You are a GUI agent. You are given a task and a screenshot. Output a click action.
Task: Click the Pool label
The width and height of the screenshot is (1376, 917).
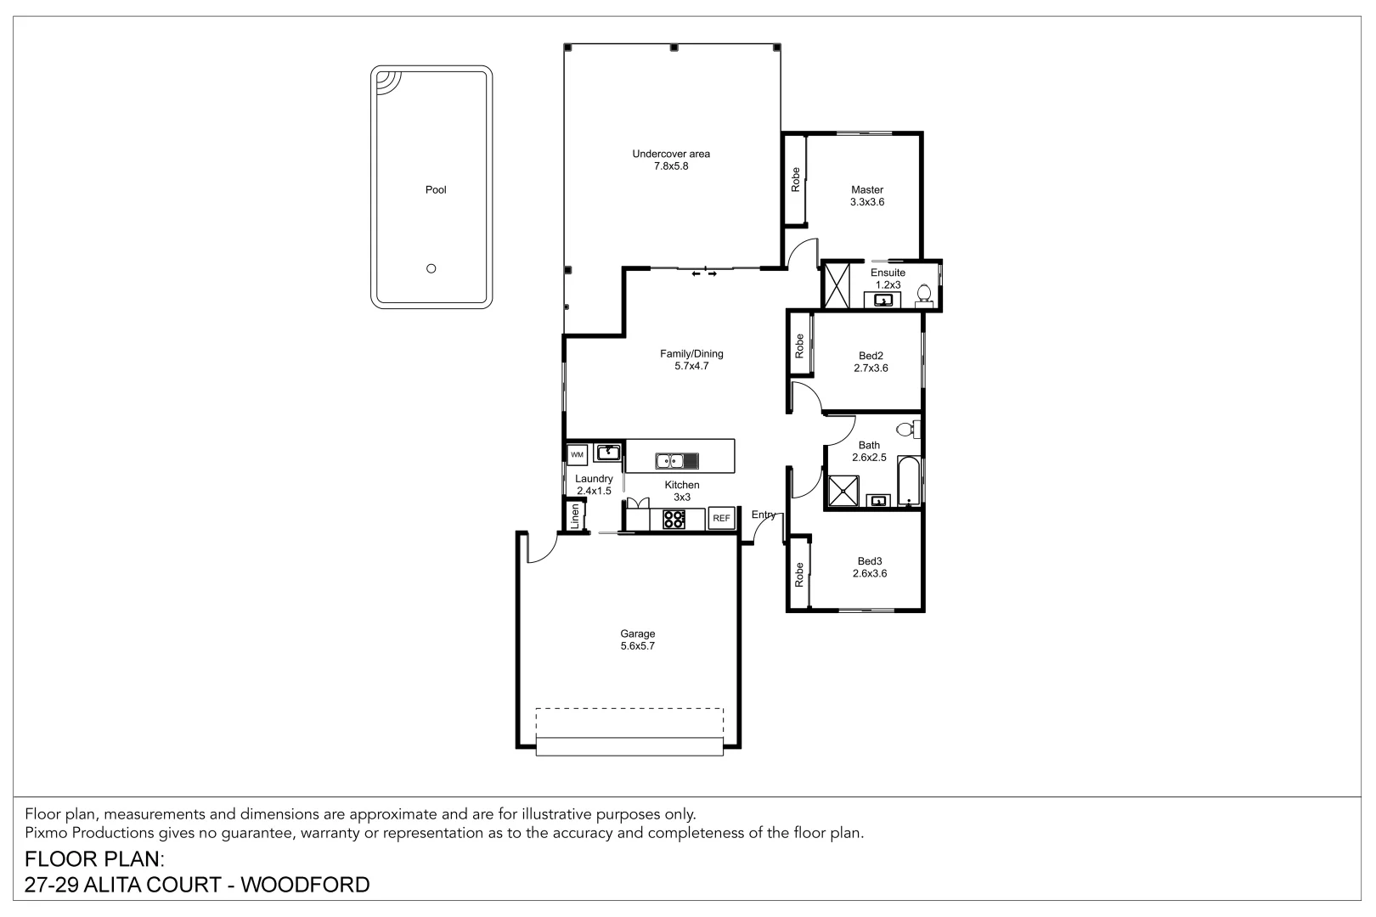pyautogui.click(x=436, y=190)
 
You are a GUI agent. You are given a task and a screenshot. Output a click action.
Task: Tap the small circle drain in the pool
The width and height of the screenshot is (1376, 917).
pyautogui.click(x=431, y=268)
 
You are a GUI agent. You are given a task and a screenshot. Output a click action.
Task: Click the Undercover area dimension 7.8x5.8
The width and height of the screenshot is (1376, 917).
pyautogui.click(x=670, y=166)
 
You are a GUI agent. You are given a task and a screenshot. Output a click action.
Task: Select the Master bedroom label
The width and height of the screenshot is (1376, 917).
pyautogui.click(x=867, y=190)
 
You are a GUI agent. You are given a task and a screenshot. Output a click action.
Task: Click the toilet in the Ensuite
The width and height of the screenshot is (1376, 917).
pyautogui.click(x=925, y=294)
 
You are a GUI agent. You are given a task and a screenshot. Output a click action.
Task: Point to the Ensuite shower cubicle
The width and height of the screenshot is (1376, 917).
pyautogui.click(x=837, y=287)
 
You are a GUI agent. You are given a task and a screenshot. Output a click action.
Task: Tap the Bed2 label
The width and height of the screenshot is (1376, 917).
pyautogui.click(x=871, y=356)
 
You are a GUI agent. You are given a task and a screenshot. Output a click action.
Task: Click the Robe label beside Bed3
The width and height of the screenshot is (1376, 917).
pyautogui.click(x=799, y=575)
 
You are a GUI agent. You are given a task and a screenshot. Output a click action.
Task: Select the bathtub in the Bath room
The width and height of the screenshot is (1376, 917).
pyautogui.click(x=910, y=481)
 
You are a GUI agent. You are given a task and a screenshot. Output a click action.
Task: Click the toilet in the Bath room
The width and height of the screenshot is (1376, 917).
pyautogui.click(x=909, y=429)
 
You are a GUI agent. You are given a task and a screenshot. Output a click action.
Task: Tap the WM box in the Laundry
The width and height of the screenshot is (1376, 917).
pyautogui.click(x=578, y=455)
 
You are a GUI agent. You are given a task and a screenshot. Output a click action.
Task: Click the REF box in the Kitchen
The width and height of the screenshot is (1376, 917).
pyautogui.click(x=721, y=518)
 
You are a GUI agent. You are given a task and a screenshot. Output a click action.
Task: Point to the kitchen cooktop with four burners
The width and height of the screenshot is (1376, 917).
pyautogui.click(x=674, y=519)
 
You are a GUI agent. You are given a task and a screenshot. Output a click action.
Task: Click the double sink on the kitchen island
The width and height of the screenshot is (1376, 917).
pyautogui.click(x=677, y=461)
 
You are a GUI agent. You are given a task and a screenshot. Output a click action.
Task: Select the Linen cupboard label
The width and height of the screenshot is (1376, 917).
pyautogui.click(x=576, y=515)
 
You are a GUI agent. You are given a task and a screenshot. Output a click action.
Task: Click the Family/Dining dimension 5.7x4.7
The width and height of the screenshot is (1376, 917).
pyautogui.click(x=691, y=367)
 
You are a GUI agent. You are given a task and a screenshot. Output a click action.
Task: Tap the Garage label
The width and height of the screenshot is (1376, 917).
pyautogui.click(x=637, y=633)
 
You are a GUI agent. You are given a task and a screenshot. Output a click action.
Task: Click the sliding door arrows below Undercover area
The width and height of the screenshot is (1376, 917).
pyautogui.click(x=703, y=273)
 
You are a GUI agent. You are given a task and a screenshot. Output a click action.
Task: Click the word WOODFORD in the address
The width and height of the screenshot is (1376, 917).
pyautogui.click(x=306, y=885)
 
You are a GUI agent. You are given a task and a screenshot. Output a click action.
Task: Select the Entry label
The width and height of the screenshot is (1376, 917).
pyautogui.click(x=764, y=515)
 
